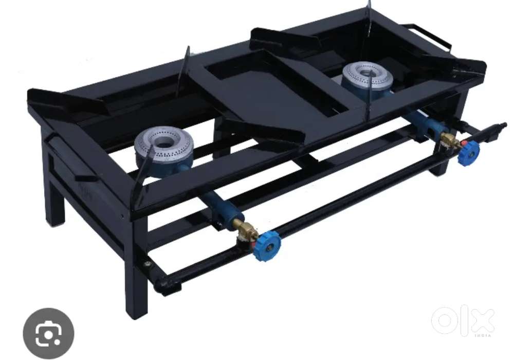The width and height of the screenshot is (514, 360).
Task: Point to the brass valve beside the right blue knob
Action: click(449, 140)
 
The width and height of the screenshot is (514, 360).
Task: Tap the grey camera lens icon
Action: click(48, 333)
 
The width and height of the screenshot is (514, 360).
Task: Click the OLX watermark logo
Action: click(463, 320)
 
